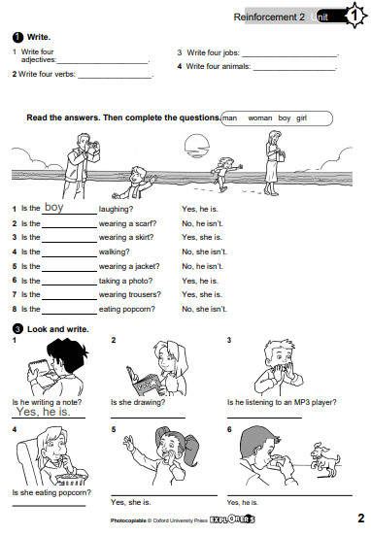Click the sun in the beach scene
click(x=196, y=145)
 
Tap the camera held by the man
click(x=92, y=146)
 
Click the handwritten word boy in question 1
click(x=54, y=207)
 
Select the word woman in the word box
click(x=260, y=118)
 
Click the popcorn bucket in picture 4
click(x=71, y=477)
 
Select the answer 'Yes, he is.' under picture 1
click(x=44, y=412)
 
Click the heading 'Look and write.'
click(x=58, y=329)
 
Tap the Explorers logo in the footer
click(x=232, y=519)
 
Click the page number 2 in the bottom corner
click(x=360, y=519)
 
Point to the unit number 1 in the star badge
click(x=354, y=16)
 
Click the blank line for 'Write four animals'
click(x=294, y=70)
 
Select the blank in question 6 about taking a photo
click(x=69, y=285)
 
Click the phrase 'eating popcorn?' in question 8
click(x=127, y=310)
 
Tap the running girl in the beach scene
click(x=225, y=173)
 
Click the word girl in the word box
click(x=302, y=118)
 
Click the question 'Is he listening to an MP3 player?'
click(x=282, y=402)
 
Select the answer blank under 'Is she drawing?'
click(x=148, y=418)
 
